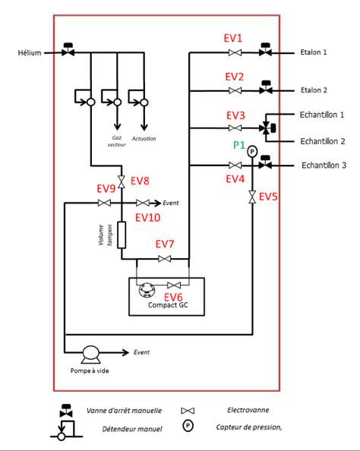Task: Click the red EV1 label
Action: [x=233, y=38]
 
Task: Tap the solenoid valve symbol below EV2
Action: [x=235, y=90]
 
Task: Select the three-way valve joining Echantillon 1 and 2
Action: [x=267, y=128]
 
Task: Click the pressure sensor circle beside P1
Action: [x=252, y=151]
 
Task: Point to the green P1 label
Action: [x=238, y=145]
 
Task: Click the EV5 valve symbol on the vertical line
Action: [x=252, y=197]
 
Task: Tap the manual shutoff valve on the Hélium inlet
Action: [x=68, y=49]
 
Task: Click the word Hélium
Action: [x=30, y=52]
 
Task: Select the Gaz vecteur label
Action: [x=116, y=141]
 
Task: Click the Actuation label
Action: [x=144, y=139]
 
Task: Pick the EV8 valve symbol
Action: [x=122, y=181]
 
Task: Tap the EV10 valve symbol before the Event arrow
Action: [x=143, y=203]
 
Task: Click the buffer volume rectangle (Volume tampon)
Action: [x=122, y=235]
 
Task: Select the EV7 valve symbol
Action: [x=164, y=259]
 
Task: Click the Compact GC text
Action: [x=168, y=305]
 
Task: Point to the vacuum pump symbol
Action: [x=90, y=355]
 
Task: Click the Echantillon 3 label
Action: [x=324, y=166]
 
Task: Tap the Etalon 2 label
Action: [x=314, y=90]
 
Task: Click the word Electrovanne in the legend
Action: [x=248, y=410]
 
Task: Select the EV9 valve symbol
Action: [x=104, y=203]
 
